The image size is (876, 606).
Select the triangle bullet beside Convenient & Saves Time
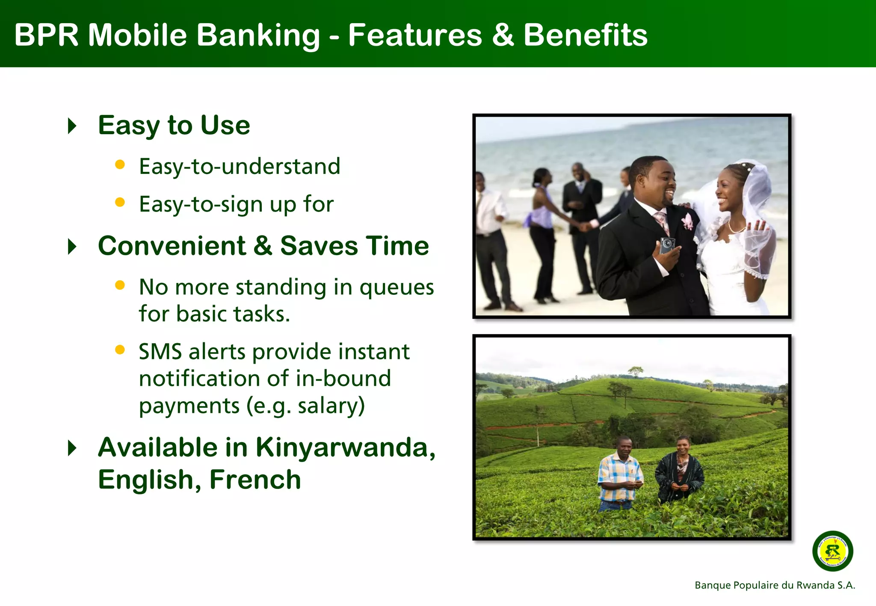click(x=72, y=247)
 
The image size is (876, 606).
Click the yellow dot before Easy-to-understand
click(x=120, y=165)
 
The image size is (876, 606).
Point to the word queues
click(x=397, y=287)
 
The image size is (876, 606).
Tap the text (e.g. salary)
click(x=305, y=406)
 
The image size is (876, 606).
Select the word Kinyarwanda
click(x=345, y=447)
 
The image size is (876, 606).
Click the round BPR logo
click(x=832, y=551)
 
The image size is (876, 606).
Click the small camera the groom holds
click(x=667, y=245)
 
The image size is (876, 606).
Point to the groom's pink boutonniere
click(x=687, y=221)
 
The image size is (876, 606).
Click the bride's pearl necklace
click(x=737, y=227)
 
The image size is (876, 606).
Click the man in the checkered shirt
click(x=620, y=474)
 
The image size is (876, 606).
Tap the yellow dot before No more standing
click(x=120, y=285)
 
